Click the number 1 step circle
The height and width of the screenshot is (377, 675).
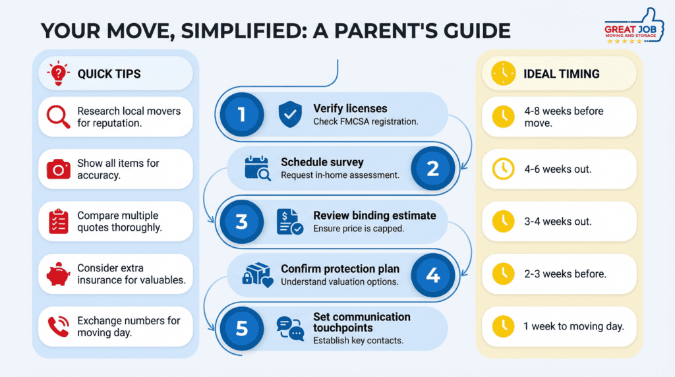click(x=241, y=115)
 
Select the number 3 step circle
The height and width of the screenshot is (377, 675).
click(x=241, y=221)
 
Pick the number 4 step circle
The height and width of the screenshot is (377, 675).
click(x=432, y=274)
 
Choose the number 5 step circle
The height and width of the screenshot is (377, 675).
click(x=241, y=328)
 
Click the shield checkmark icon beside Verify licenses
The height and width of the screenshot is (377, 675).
click(x=289, y=115)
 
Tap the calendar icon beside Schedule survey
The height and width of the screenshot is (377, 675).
click(x=257, y=168)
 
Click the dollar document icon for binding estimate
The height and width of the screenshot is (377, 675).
click(x=289, y=221)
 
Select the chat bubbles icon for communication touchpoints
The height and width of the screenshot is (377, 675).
click(x=289, y=328)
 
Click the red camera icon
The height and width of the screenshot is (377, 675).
click(x=58, y=169)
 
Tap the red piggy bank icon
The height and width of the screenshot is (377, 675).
click(x=58, y=274)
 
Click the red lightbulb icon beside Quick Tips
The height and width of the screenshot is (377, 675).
click(x=58, y=74)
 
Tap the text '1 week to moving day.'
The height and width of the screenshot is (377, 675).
click(x=574, y=327)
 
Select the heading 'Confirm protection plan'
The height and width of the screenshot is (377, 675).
click(x=340, y=269)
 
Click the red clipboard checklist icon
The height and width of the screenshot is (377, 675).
click(x=58, y=222)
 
